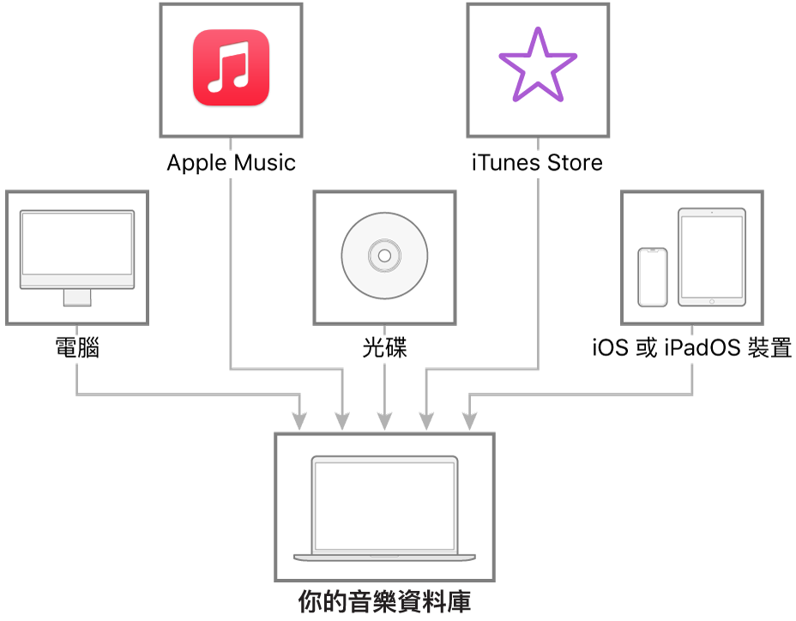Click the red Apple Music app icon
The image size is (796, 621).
[x=231, y=68]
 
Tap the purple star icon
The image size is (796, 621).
[x=538, y=66]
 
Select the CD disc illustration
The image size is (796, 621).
[x=384, y=255]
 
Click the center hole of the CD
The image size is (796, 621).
[x=384, y=255]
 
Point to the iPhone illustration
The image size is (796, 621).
[x=653, y=277]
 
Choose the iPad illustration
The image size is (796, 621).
[x=712, y=256]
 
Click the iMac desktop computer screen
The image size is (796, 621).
[x=77, y=244]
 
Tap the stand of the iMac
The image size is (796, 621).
[x=77, y=297]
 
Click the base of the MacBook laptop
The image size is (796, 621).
[x=384, y=557]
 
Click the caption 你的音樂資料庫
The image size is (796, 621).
[x=384, y=600]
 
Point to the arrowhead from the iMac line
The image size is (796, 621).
[x=299, y=421]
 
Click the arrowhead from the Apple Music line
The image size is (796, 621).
[x=342, y=421]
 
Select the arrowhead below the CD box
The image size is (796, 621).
[x=384, y=421]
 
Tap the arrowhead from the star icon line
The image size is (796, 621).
[x=426, y=421]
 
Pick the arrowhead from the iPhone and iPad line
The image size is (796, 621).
[x=469, y=421]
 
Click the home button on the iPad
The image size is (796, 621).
[x=712, y=301]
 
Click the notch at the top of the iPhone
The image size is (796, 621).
[x=653, y=250]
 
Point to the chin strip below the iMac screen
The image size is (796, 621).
[x=77, y=282]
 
